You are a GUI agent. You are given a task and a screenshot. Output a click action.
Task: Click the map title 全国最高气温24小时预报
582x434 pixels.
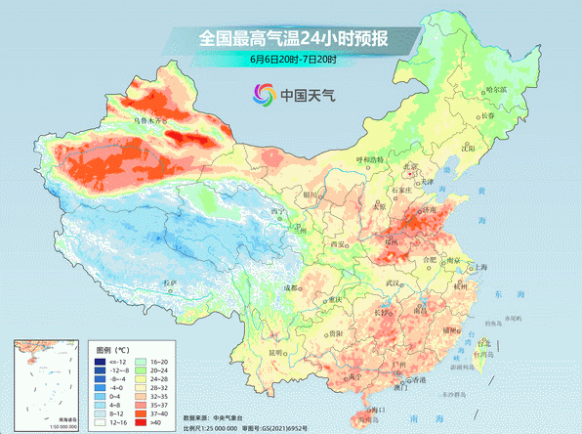[293, 40]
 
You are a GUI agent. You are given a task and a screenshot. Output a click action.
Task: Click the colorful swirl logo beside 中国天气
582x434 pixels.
[263, 95]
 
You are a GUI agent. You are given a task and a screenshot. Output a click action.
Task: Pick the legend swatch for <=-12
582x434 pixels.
[101, 362]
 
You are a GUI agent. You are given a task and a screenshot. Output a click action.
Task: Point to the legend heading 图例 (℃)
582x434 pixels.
[113, 348]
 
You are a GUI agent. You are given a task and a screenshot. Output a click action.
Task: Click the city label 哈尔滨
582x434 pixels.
[496, 89]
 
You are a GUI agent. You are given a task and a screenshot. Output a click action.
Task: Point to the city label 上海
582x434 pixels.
[479, 267]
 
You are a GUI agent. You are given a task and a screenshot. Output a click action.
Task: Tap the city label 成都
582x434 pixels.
[292, 287]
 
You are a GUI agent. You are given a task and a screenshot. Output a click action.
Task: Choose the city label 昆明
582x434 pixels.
[276, 352]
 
